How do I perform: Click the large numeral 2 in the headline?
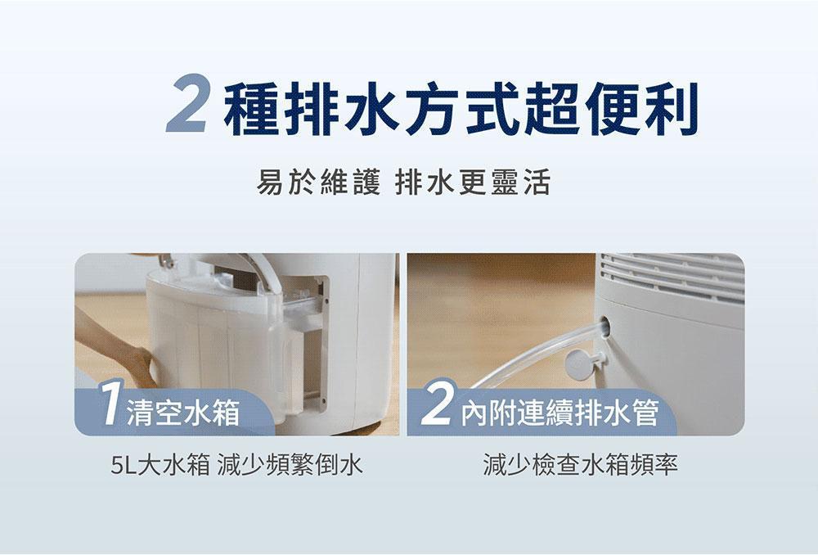coord(187,103)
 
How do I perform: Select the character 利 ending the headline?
coord(672,109)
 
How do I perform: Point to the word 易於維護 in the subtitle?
coord(319,183)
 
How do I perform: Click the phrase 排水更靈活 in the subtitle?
coord(473,183)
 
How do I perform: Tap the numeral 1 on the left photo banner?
coord(110,403)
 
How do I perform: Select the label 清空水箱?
coord(183,413)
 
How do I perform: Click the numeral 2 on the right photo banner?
coord(436,404)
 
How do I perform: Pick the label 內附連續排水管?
coord(560,413)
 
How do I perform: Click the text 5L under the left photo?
coord(124,465)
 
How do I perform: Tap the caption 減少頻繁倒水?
coord(290,465)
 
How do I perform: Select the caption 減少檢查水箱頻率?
coord(581,465)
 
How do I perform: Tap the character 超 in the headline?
coord(554,109)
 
